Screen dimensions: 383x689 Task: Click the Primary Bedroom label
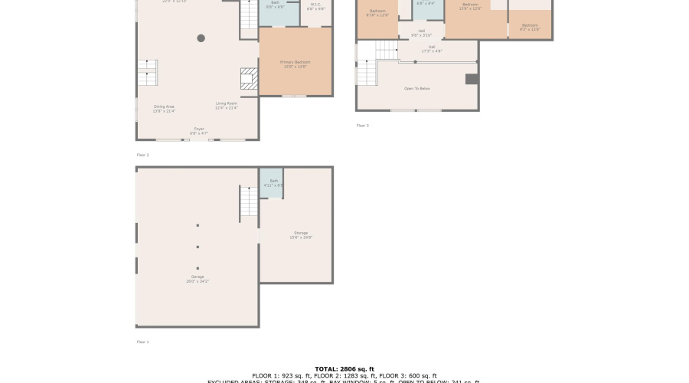point(295,64)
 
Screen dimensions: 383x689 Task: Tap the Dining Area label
point(164,109)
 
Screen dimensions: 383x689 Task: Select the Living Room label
point(227,105)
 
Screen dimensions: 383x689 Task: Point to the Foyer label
point(199,131)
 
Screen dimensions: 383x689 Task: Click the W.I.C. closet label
point(315,7)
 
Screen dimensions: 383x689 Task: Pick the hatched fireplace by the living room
point(250,79)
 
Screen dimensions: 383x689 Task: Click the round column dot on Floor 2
point(201,38)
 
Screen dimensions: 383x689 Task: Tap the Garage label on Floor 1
point(198,279)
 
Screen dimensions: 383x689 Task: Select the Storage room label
point(301,235)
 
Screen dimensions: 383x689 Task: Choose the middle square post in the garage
point(198,247)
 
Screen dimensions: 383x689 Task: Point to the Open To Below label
point(417,89)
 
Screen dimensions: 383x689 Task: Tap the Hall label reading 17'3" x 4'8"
point(432,49)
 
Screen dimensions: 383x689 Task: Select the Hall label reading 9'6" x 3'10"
point(422,33)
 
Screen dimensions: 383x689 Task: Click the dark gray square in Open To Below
point(472,79)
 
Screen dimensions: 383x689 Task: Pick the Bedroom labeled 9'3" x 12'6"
point(530,27)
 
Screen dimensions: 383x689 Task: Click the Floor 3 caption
point(362,126)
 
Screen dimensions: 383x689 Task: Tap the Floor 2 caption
point(142,155)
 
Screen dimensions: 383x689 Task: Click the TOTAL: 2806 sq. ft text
point(344,369)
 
